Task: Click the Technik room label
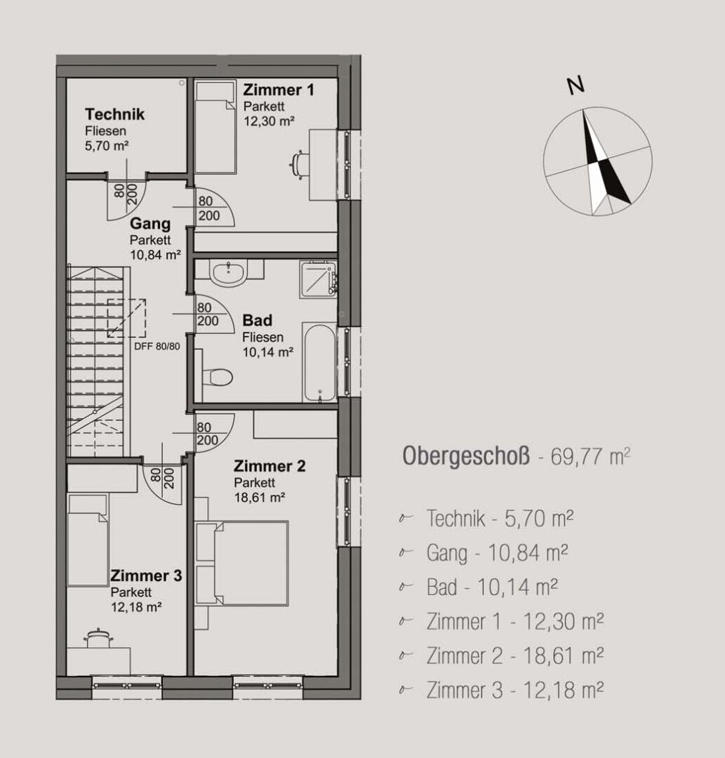click(114, 114)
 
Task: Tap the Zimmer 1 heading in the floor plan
click(278, 90)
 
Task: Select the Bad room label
click(257, 321)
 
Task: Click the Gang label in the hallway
click(150, 225)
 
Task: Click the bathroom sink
click(228, 274)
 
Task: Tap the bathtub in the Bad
click(319, 362)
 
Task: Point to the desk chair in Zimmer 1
click(299, 164)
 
